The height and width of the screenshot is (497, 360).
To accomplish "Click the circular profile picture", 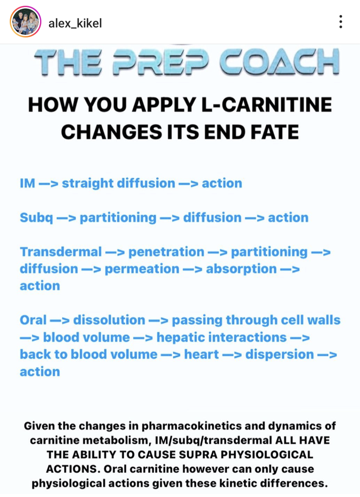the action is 26,22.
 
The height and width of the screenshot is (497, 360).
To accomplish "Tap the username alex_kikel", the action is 75,23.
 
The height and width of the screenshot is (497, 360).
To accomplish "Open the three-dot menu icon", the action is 341,22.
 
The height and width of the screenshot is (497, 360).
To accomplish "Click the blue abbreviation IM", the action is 28,183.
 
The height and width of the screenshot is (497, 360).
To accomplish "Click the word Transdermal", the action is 61,252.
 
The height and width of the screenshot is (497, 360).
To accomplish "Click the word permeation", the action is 142,269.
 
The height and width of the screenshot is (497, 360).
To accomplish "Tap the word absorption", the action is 241,269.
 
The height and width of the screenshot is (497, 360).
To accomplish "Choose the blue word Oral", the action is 33,320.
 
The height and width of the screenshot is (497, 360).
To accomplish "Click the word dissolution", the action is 109,320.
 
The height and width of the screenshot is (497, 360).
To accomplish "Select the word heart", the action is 201,354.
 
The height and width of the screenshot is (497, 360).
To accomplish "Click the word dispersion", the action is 279,355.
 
